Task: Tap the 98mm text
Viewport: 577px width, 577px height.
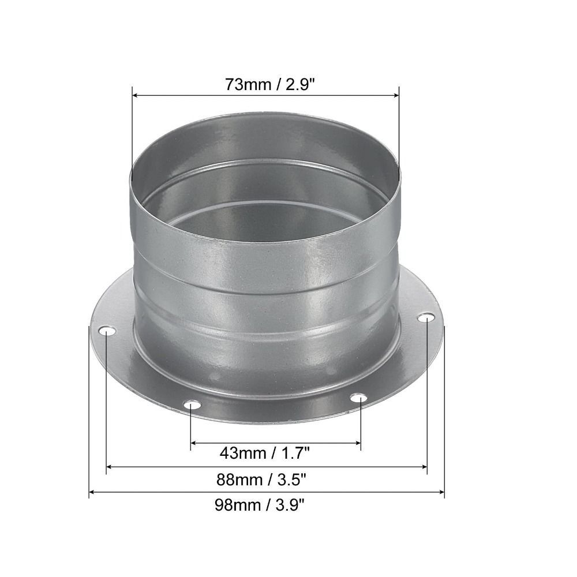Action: click(x=237, y=505)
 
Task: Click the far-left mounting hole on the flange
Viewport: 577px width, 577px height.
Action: click(x=107, y=332)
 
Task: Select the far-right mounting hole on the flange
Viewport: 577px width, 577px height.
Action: click(x=426, y=318)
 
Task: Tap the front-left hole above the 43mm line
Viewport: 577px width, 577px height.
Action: click(x=192, y=406)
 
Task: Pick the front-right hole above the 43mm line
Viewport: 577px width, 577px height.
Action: click(x=359, y=398)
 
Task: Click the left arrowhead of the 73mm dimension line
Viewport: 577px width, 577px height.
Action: click(x=136, y=96)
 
